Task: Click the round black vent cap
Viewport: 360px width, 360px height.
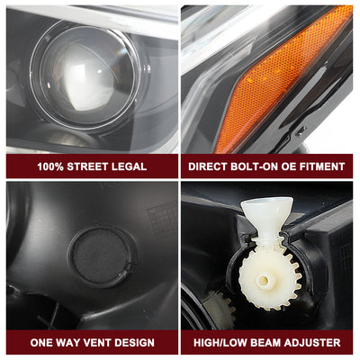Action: point(99,256)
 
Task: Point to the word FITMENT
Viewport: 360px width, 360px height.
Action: point(320,166)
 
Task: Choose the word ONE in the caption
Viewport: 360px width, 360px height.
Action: point(42,343)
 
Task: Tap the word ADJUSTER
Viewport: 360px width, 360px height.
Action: point(315,343)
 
